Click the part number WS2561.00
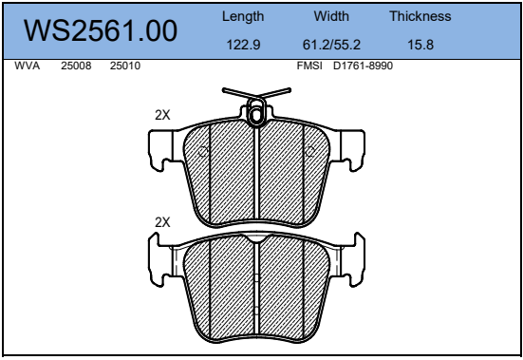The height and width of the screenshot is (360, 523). pos(101,30)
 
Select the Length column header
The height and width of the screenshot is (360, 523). pos(243,17)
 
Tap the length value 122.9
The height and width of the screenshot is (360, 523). pos(243,45)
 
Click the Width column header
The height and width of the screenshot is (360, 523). pos(331,16)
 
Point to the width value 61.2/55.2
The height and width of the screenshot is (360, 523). pos(331,45)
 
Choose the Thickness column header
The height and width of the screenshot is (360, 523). pos(420,16)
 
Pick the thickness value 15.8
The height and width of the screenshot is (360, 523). pos(420,45)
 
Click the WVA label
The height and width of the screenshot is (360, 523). pos(27,66)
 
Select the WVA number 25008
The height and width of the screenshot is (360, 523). pos(76,66)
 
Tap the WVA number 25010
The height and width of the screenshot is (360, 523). pos(125,66)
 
